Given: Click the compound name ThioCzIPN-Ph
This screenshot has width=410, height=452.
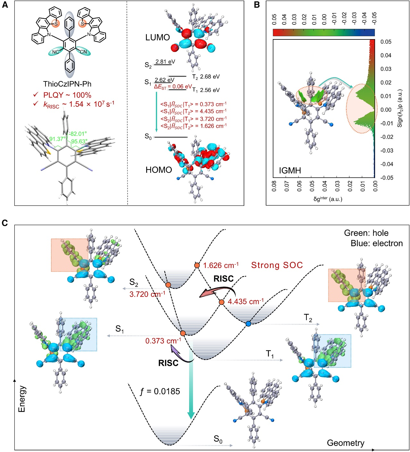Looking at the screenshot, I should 67,84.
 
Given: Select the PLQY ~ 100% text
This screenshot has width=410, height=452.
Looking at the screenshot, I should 67,95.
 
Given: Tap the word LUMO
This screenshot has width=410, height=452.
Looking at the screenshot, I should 157,38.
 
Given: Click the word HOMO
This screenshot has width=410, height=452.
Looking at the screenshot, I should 159,170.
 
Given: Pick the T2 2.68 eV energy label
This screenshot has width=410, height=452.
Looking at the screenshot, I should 206,77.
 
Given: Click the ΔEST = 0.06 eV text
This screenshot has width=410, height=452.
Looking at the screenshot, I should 173,87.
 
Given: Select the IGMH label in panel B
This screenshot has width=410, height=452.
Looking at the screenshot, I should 290,171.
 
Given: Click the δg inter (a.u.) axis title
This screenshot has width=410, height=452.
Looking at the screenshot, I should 328,199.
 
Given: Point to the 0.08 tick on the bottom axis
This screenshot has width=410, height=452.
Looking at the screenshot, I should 274,186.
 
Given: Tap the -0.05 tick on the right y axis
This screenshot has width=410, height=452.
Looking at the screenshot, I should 387,178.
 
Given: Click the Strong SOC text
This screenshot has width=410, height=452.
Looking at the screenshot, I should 277,265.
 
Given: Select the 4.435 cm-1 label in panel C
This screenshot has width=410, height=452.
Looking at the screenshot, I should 246,302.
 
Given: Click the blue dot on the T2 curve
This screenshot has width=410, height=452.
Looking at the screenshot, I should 248,324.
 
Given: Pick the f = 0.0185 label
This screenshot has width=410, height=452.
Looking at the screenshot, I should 160,391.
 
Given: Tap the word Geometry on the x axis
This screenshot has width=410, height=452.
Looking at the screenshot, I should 346,443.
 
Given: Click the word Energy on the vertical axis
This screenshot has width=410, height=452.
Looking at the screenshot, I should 22,399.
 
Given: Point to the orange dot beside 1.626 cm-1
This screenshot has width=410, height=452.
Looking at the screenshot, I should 197,265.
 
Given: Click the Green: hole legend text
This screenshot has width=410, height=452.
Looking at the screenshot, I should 366,233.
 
